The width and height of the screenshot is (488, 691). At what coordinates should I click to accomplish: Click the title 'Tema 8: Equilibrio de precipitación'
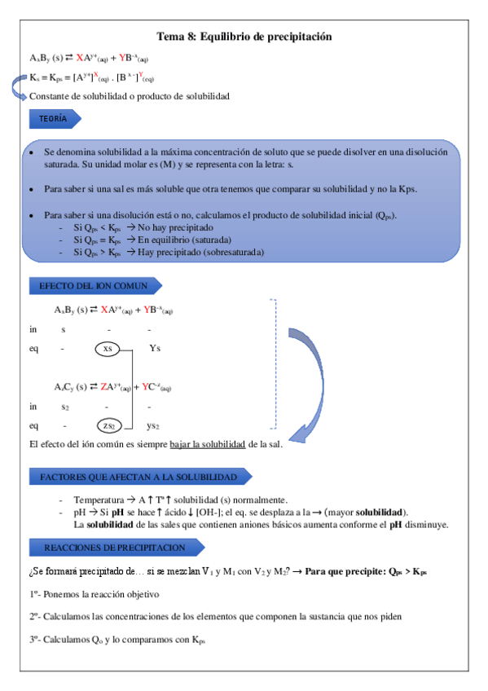244,37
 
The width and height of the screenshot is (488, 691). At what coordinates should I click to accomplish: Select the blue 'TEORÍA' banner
53,119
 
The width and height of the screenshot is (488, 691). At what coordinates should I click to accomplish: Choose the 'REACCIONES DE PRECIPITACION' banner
114,548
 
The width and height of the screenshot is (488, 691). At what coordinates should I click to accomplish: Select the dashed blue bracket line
275,363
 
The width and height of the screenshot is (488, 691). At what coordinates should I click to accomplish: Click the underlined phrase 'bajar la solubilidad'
208,444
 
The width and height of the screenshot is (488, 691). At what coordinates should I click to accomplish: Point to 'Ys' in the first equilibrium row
155,349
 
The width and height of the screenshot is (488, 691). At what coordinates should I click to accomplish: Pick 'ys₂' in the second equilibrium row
152,425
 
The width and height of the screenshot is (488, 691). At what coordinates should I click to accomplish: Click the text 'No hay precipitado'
175,229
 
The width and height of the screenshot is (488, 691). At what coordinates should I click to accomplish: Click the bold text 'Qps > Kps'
405,571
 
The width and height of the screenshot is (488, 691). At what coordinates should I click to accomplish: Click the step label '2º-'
37,617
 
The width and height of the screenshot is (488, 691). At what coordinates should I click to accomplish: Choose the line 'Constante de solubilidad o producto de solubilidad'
129,96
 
